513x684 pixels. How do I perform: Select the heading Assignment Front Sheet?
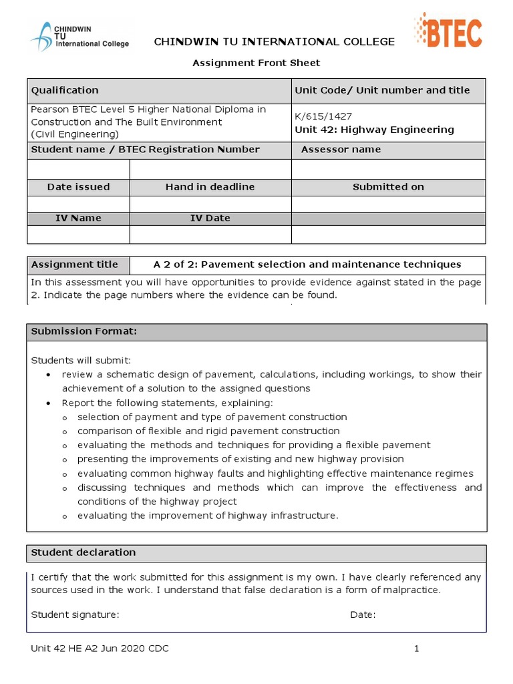click(x=256, y=63)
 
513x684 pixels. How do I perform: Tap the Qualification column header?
click(x=65, y=90)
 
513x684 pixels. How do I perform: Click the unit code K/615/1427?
click(x=323, y=116)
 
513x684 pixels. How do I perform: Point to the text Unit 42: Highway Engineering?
click(x=374, y=130)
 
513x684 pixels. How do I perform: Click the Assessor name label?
click(x=341, y=150)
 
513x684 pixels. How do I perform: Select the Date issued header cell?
click(x=78, y=187)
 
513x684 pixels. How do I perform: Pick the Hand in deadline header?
click(x=210, y=187)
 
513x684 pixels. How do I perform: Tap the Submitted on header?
click(x=388, y=187)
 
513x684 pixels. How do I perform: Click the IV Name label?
click(x=78, y=218)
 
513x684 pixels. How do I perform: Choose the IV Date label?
click(x=210, y=218)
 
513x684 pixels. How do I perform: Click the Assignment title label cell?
click(x=75, y=265)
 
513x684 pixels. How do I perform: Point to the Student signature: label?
click(x=75, y=615)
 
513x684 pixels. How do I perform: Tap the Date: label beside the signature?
click(x=363, y=615)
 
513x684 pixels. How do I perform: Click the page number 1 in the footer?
click(x=416, y=649)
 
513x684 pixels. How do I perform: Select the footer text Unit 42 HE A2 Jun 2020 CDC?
click(x=100, y=649)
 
